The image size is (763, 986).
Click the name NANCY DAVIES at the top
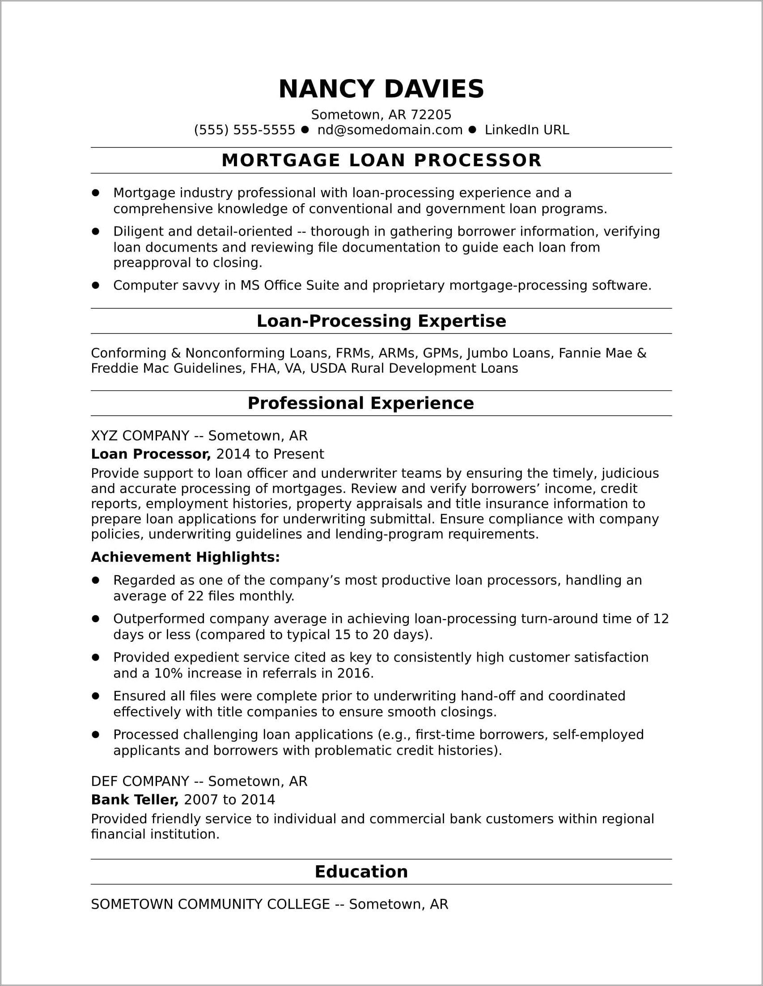[x=381, y=89]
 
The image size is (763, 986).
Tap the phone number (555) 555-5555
[x=244, y=130]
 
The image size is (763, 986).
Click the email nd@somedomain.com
[x=390, y=130]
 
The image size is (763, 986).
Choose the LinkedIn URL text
[x=527, y=130]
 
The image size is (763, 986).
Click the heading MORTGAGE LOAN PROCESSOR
[x=381, y=161]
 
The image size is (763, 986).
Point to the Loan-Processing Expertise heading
[x=381, y=321]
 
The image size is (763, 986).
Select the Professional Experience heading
[x=360, y=403]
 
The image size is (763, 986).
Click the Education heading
[x=361, y=872]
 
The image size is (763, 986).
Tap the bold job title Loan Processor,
[x=151, y=454]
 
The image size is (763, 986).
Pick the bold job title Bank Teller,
[x=135, y=800]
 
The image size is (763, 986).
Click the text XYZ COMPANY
[x=140, y=436]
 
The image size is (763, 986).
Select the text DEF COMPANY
[x=140, y=781]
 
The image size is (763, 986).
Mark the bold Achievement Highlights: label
[x=185, y=557]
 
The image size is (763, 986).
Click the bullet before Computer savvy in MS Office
[x=95, y=285]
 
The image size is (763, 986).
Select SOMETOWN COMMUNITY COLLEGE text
[x=210, y=904]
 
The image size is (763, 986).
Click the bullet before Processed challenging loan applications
[x=95, y=734]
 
